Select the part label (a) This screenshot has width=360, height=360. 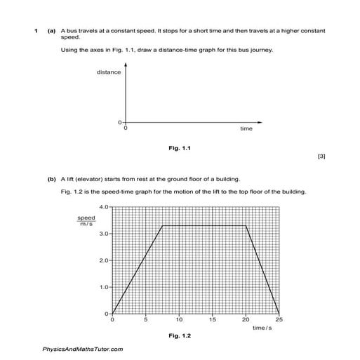click(x=51, y=32)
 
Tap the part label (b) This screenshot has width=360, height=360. click(x=51, y=179)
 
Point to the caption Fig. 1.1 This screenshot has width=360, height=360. click(x=180, y=148)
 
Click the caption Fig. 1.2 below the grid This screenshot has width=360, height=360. click(x=180, y=335)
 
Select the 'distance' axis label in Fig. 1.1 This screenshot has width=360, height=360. click(x=109, y=72)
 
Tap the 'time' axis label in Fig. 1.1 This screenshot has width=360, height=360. click(x=246, y=129)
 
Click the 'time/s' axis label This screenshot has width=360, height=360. click(x=262, y=328)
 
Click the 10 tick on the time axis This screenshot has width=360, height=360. click(x=179, y=320)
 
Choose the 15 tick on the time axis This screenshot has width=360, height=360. click(x=212, y=320)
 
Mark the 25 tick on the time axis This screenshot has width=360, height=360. click(x=279, y=320)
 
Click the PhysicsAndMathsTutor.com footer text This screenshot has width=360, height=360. click(x=83, y=349)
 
